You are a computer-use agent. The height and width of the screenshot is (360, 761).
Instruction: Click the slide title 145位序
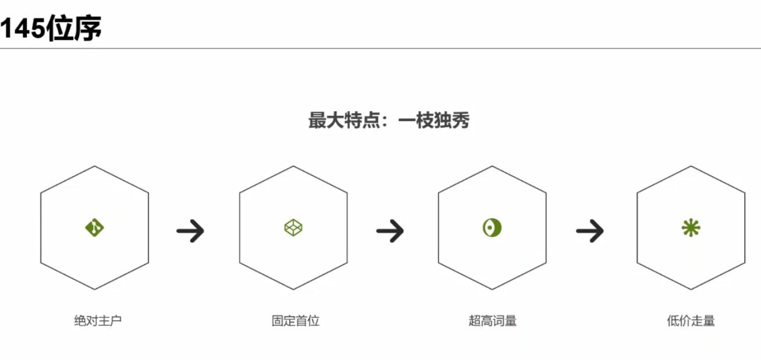[51, 28]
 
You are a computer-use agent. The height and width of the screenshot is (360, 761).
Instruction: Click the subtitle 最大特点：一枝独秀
[389, 121]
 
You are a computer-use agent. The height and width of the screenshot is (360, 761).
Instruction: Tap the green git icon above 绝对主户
[94, 227]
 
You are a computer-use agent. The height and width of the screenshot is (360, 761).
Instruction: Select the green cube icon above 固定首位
[293, 227]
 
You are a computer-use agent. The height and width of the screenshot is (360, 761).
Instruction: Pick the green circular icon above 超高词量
[492, 227]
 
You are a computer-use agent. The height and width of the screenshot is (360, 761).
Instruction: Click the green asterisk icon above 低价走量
[691, 227]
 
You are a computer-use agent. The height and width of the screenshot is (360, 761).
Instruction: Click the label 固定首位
[296, 320]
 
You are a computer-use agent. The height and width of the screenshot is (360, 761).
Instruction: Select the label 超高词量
[493, 320]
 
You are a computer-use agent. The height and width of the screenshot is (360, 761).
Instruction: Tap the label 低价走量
[691, 320]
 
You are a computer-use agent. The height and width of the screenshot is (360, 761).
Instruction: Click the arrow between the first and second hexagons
[191, 231]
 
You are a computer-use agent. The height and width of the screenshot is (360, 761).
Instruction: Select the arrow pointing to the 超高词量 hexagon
[390, 231]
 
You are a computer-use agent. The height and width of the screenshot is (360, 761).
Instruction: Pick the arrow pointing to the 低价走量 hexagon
[590, 231]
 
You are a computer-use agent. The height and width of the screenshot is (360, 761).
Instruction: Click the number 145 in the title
[22, 28]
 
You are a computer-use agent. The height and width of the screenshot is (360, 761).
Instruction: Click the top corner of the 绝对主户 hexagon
[94, 166]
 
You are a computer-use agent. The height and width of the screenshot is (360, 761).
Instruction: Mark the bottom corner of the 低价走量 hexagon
[691, 289]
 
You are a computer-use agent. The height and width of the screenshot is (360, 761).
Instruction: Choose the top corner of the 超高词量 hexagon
[492, 166]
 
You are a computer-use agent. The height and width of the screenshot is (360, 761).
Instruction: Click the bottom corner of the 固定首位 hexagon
[293, 289]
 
